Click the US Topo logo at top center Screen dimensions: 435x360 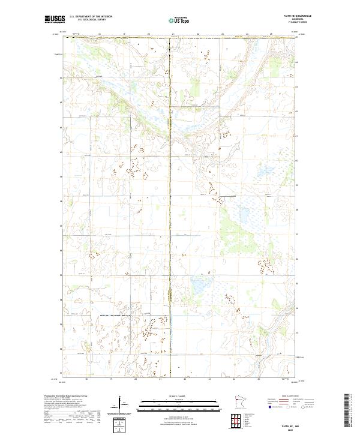point(179,20)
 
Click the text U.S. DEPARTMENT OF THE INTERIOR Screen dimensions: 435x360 point(91,17)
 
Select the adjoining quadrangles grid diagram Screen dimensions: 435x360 point(239,419)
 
